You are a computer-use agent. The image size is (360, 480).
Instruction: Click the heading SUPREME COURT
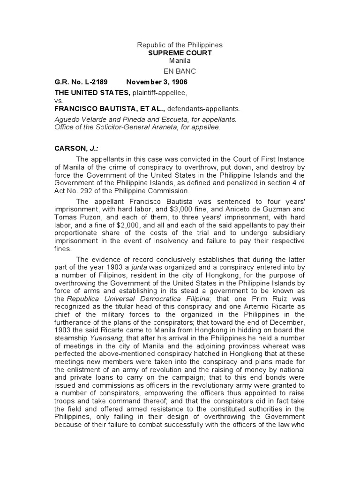180,53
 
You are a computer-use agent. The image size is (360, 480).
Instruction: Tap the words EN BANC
180,71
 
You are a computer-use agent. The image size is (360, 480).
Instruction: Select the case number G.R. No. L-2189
81,82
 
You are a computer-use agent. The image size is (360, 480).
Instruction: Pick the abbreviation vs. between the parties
59,100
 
